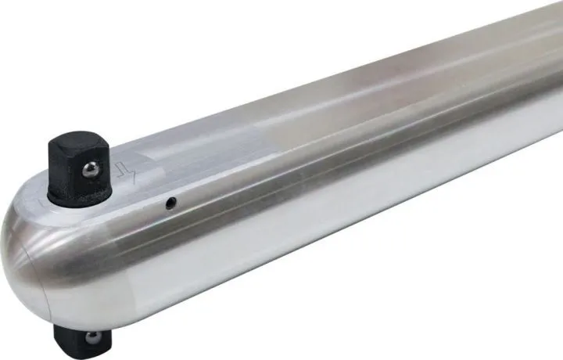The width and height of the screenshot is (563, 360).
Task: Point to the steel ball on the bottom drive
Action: pyautogui.click(x=92, y=338)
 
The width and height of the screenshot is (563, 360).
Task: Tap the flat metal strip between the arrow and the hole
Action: pyautogui.click(x=149, y=188)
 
